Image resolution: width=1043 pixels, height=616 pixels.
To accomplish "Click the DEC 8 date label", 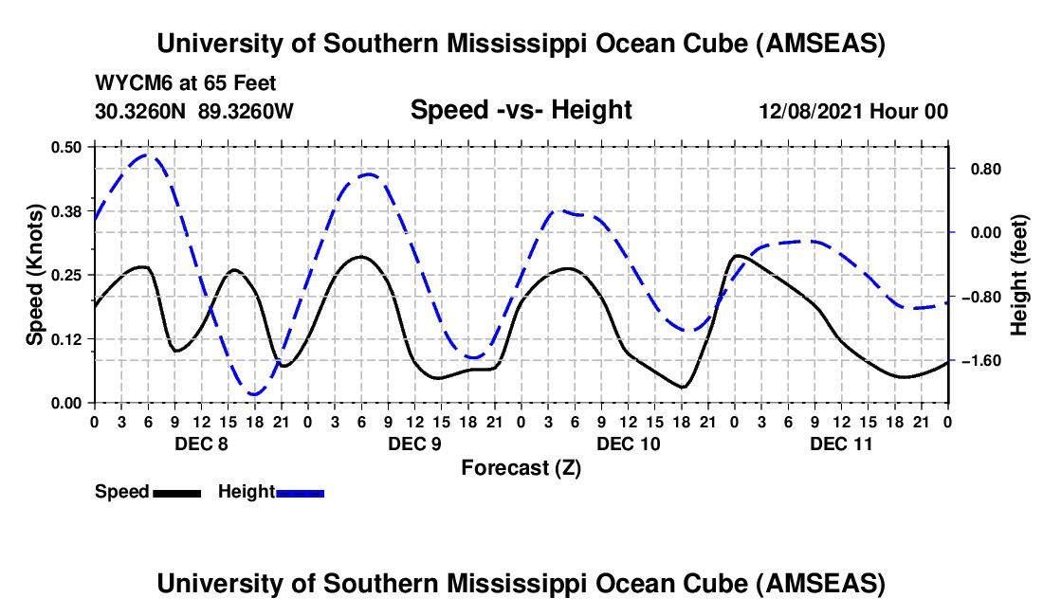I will [200, 444].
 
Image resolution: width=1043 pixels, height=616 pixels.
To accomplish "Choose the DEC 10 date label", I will [628, 444].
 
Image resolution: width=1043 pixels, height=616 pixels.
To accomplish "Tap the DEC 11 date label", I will [841, 444].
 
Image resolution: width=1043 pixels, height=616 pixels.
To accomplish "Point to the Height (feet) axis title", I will [1019, 275].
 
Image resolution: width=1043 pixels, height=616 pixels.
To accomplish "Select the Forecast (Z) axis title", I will [521, 467].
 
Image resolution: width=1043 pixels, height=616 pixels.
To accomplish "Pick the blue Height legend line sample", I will [300, 492].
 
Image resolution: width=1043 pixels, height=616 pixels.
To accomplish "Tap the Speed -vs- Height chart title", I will [521, 110].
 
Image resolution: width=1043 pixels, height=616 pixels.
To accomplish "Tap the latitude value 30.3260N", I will [141, 111].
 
